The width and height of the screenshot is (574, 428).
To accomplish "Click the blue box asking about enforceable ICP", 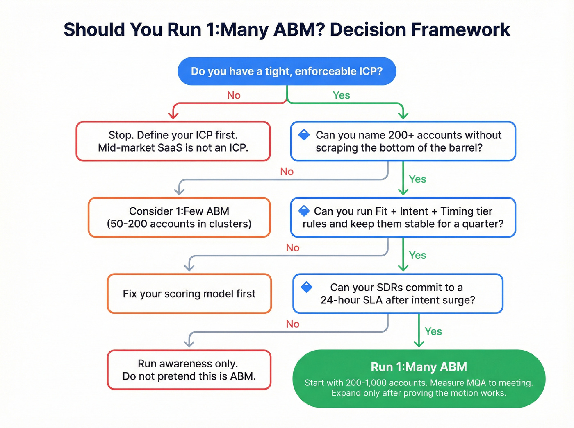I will (287, 71).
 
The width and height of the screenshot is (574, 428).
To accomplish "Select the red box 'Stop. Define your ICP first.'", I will (173, 141).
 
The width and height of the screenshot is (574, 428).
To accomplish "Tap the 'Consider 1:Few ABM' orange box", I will (179, 217).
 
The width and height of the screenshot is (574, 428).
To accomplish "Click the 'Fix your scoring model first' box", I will (189, 294).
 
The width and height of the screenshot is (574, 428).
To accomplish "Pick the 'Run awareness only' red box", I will (189, 370).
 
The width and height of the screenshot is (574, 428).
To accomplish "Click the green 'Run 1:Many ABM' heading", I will (419, 367).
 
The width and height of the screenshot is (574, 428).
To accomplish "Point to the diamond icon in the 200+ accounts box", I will (304, 135).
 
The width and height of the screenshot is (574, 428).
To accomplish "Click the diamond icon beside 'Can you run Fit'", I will (304, 211).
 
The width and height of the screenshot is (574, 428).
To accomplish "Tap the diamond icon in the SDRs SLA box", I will (307, 287).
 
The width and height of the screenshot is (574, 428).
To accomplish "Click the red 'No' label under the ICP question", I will (234, 95).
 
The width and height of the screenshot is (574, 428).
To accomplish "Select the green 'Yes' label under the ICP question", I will (341, 95).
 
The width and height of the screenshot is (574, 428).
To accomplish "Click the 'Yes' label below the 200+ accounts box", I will (417, 179).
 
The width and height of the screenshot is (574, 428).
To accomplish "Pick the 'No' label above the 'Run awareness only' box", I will (293, 324).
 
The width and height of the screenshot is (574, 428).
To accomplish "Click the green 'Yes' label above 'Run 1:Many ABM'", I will (433, 331).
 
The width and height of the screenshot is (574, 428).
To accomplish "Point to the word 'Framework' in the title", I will (460, 30).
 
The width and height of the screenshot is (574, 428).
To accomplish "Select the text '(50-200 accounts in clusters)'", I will (179, 224).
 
